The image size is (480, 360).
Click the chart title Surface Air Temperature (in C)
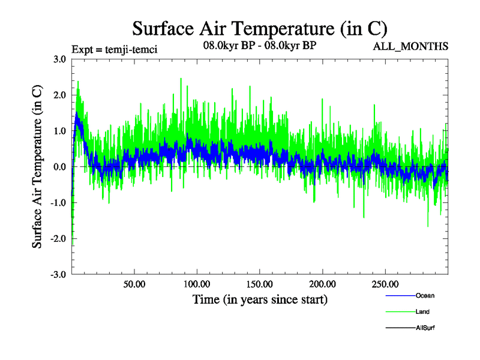point(260,28)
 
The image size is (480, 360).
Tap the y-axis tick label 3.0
point(60,59)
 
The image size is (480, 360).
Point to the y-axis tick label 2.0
point(60,95)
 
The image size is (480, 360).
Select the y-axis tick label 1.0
point(60,131)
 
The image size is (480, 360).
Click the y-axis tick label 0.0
point(60,167)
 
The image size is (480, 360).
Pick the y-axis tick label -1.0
point(58,203)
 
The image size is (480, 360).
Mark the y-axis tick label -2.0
point(58,238)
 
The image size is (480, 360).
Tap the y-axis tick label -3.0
point(58,274)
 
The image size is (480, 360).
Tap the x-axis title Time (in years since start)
point(260,299)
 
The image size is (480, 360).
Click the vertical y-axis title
point(37,167)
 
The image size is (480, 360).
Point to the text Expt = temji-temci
point(114,49)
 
